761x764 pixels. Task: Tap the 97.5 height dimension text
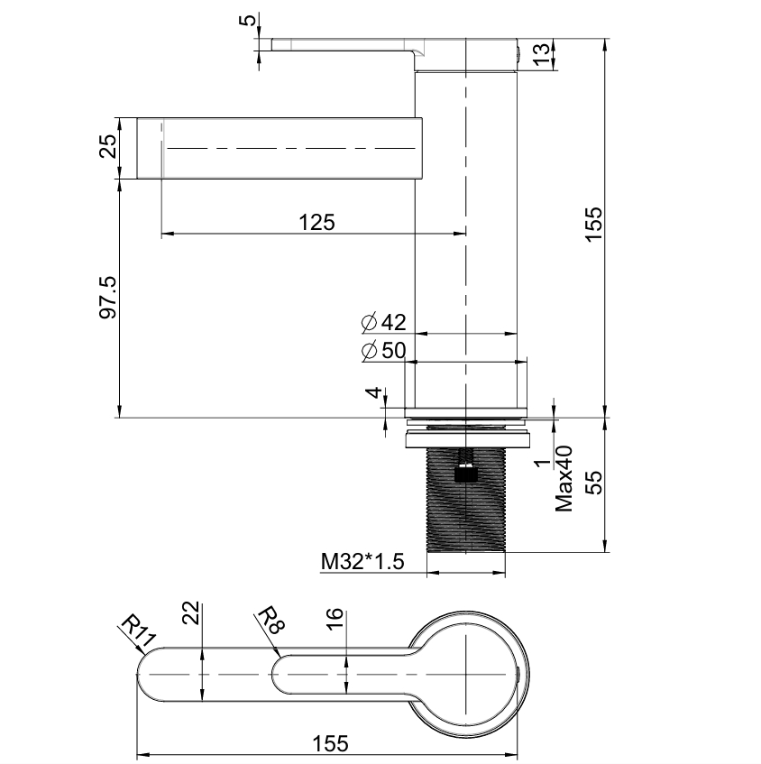(x=107, y=299)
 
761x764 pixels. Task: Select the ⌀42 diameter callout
(x=384, y=322)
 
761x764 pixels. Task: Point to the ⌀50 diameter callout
(x=383, y=351)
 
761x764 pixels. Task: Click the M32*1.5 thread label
(x=362, y=563)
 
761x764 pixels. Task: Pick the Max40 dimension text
(x=565, y=478)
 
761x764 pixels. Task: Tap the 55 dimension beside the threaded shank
(x=593, y=483)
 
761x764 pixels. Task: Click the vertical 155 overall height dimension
(x=593, y=225)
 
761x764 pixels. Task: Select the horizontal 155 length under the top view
(x=329, y=743)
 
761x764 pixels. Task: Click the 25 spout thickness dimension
(x=107, y=147)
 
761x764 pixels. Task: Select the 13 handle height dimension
(x=541, y=53)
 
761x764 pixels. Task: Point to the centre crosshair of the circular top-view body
(x=465, y=675)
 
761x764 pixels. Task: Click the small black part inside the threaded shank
(x=464, y=470)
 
